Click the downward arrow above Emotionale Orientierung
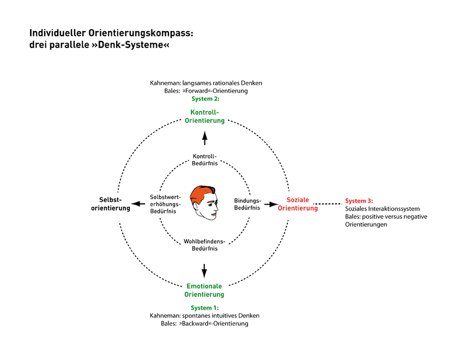(204, 270)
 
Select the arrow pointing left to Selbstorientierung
(142, 204)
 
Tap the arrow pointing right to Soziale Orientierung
(271, 204)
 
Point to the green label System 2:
(204, 99)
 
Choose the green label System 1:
(204, 308)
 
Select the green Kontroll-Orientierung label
(204, 116)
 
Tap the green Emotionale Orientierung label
(204, 290)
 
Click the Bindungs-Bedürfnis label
(247, 203)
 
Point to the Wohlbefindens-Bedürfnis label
(204, 244)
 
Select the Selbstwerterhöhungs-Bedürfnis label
(164, 204)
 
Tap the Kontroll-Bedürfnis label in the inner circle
(204, 159)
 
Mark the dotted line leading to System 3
(329, 204)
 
